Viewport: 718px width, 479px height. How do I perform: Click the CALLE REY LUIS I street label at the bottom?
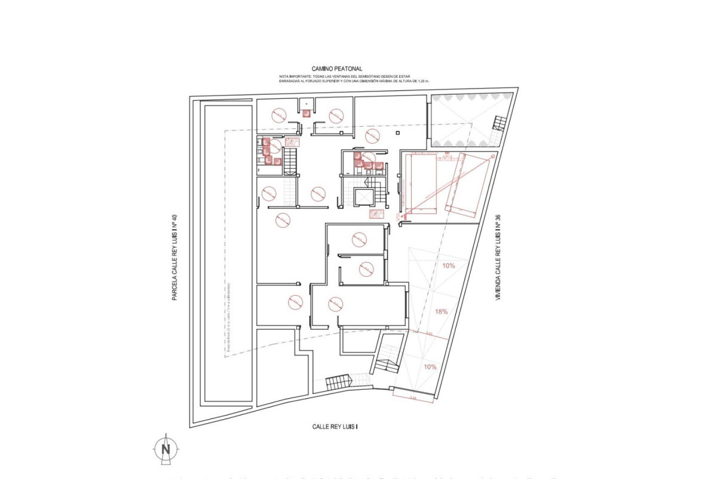339,427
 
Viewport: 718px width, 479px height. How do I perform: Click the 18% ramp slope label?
442,311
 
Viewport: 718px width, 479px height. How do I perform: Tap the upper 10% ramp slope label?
448,265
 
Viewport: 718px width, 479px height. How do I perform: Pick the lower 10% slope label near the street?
430,366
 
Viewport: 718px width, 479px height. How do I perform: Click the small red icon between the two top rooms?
306,113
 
